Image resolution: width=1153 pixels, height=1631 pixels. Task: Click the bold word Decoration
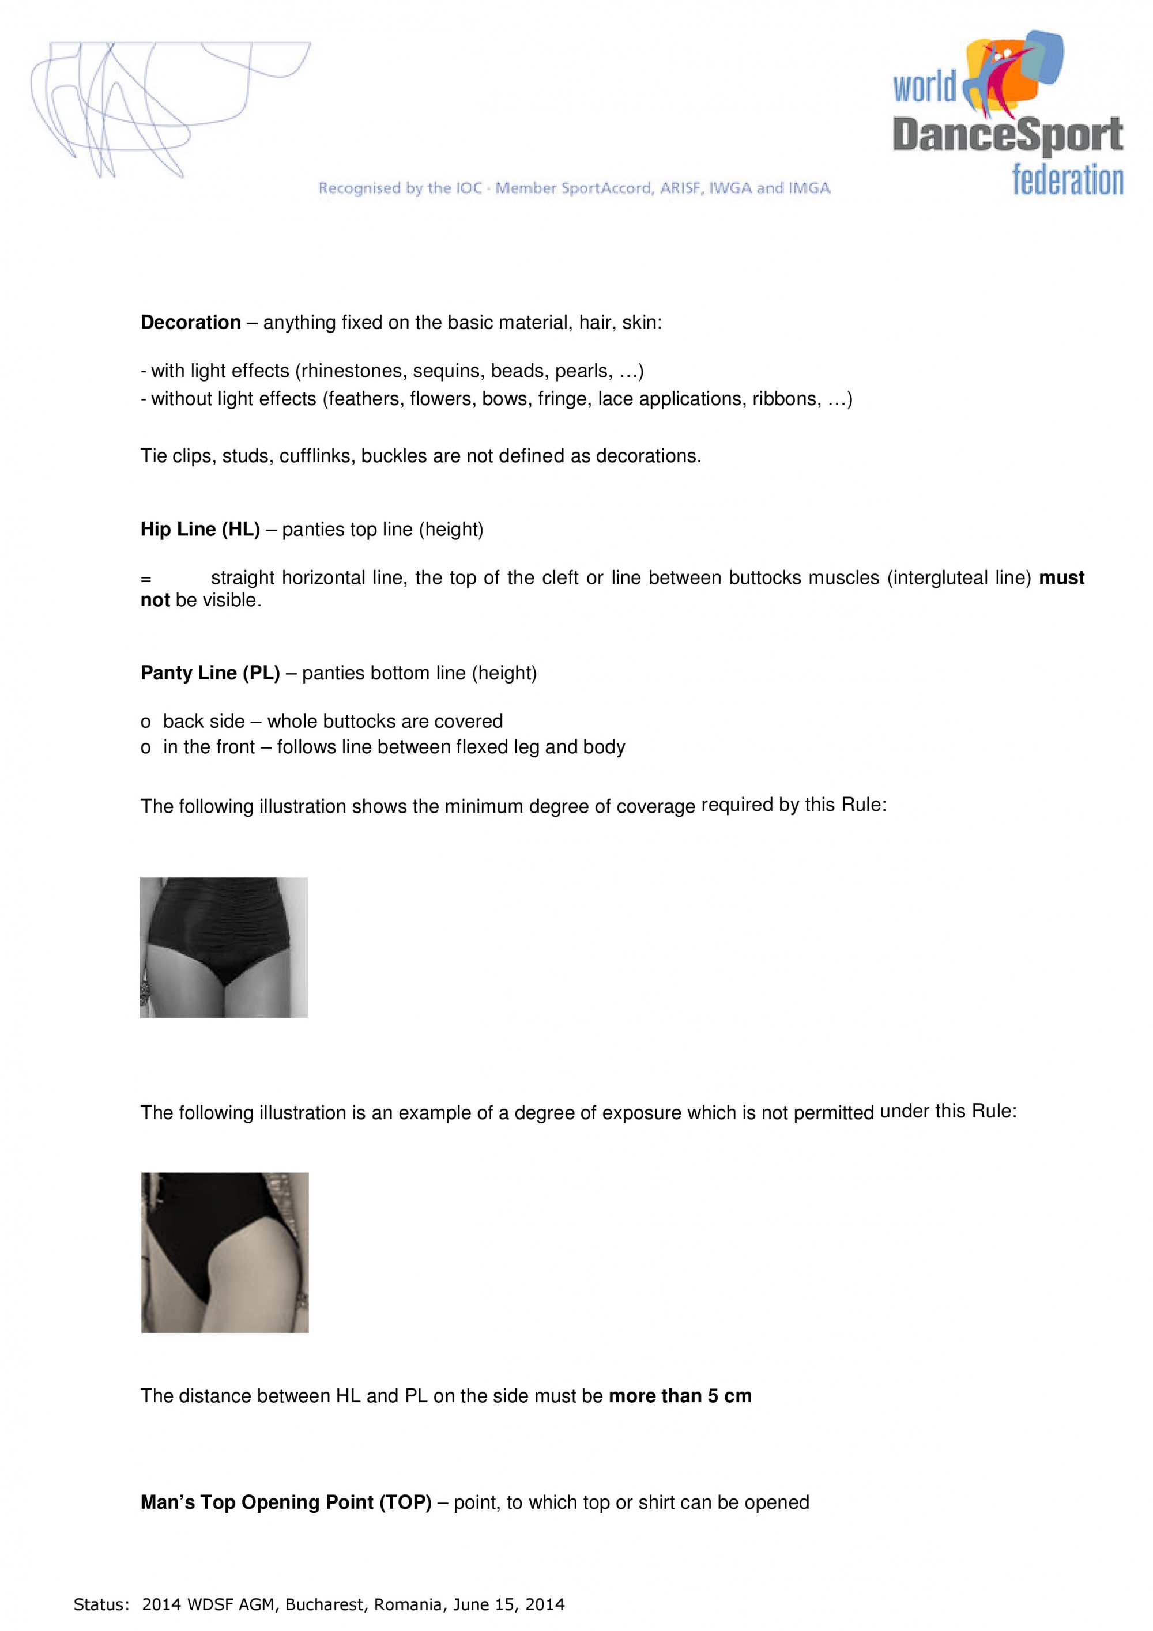190,323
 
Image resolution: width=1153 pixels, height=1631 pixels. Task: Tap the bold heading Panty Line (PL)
210,673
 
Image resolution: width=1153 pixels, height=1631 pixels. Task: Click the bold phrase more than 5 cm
680,1396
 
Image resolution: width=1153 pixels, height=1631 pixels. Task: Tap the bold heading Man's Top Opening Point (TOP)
285,1502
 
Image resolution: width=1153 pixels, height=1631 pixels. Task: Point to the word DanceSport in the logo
1007,135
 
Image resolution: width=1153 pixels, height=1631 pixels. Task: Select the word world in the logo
924,88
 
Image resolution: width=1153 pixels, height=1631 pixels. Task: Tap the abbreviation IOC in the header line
468,188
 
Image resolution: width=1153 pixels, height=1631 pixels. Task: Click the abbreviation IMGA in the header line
808,188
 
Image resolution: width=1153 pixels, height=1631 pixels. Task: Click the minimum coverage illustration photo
224,947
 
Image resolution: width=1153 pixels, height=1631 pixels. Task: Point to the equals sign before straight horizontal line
146,579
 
